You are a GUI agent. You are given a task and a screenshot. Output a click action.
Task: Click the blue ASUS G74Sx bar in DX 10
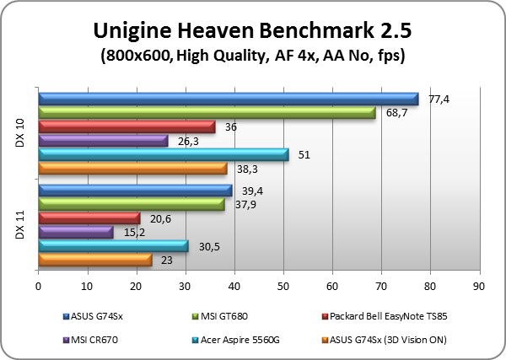(x=228, y=99)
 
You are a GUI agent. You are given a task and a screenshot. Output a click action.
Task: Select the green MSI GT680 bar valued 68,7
(x=207, y=112)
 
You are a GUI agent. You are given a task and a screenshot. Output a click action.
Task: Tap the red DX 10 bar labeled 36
(x=126, y=126)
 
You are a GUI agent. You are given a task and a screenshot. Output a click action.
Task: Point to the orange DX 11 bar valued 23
(x=94, y=260)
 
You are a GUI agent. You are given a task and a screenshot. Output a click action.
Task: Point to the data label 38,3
(x=248, y=169)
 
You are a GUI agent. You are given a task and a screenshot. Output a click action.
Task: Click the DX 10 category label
(x=20, y=134)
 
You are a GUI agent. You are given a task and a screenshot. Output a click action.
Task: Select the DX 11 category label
(x=20, y=224)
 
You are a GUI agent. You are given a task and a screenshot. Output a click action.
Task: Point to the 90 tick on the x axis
(x=480, y=286)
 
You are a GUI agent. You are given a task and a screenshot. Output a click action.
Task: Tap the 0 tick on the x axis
(x=38, y=286)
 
